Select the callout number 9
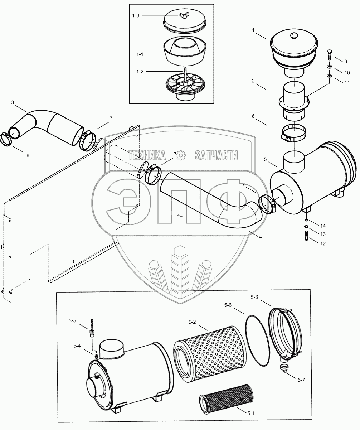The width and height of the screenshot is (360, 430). coord(345,61)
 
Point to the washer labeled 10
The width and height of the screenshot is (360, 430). coord(329,67)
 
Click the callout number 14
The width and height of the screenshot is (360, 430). coord(323,226)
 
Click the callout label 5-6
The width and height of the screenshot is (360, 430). coord(228,305)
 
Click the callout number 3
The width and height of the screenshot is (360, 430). coord(13,102)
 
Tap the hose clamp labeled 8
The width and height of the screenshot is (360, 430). coord(7,140)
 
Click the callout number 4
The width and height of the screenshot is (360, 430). coord(260,237)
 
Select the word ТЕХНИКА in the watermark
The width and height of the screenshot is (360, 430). coord(147,155)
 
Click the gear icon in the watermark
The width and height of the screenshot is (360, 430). coord(180,155)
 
